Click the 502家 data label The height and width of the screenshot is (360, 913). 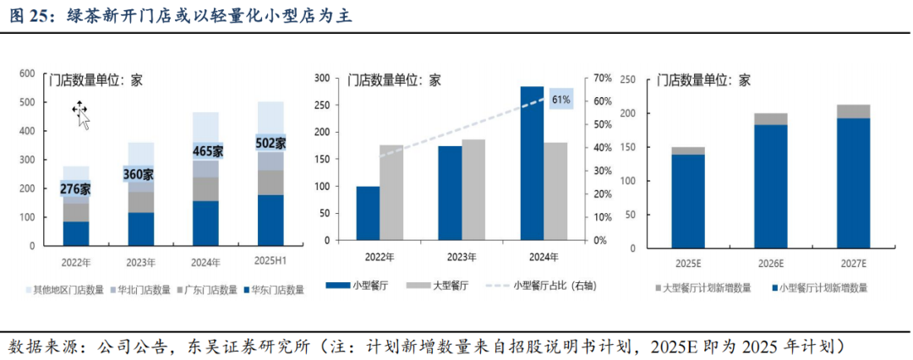pyautogui.click(x=271, y=144)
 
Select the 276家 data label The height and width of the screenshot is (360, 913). pyautogui.click(x=75, y=188)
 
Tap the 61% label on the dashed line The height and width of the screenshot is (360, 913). pyautogui.click(x=560, y=100)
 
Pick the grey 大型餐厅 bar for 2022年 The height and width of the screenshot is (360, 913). pyautogui.click(x=391, y=193)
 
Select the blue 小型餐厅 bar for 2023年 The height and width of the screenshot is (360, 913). pyautogui.click(x=450, y=194)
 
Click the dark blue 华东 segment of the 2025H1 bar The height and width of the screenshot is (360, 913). pyautogui.click(x=271, y=220)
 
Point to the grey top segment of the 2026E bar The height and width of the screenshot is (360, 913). pyautogui.click(x=770, y=119)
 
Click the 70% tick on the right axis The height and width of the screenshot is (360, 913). pyautogui.click(x=601, y=79)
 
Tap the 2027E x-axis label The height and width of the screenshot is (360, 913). pyautogui.click(x=852, y=265)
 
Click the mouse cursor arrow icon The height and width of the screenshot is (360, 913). pyautogui.click(x=81, y=114)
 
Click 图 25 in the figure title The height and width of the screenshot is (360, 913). pyautogui.click(x=30, y=15)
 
